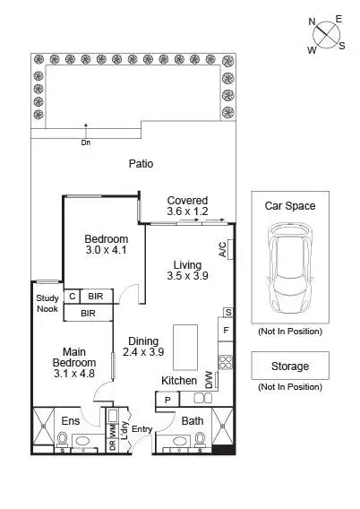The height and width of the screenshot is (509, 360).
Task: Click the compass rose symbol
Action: [x=326, y=34]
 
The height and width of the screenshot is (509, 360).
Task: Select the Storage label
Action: [x=289, y=366]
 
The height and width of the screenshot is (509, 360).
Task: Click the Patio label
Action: [x=140, y=164]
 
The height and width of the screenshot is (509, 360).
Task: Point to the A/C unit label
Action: [x=222, y=249]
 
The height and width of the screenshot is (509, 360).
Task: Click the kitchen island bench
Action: [x=187, y=347]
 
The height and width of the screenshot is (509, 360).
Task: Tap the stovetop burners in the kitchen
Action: [x=227, y=364]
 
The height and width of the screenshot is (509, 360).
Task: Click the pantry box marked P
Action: [x=168, y=399]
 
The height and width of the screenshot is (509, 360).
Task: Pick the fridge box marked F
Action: [x=227, y=331]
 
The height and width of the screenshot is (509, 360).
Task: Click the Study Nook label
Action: [x=47, y=304]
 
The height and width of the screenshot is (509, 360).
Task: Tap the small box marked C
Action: [x=72, y=296]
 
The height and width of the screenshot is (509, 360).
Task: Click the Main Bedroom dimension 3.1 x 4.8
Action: [x=73, y=373]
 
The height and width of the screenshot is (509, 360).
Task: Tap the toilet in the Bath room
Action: [x=201, y=439]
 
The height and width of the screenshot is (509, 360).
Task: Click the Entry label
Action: [x=141, y=429]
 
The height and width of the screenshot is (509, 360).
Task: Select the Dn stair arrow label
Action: [x=85, y=141]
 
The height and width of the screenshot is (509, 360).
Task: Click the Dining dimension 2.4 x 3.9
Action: [x=142, y=353]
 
